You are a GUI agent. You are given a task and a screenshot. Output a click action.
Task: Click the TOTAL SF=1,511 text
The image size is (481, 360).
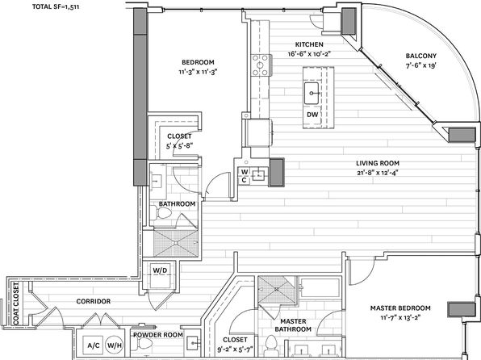[x=56, y=6]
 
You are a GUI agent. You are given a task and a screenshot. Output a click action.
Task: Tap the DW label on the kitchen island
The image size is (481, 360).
[x=312, y=115]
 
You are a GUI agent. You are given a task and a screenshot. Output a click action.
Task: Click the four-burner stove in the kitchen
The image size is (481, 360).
[x=261, y=65]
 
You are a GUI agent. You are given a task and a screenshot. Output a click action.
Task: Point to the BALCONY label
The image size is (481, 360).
[x=421, y=56]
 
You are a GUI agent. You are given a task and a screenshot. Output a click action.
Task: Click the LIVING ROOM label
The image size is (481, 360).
[x=378, y=163]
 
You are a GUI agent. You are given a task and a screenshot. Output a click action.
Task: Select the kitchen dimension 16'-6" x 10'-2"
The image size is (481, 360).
[x=310, y=54]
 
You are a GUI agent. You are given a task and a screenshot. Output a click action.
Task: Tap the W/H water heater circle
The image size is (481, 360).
[x=115, y=345]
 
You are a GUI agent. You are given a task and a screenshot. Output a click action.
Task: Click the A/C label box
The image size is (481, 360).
[x=94, y=345]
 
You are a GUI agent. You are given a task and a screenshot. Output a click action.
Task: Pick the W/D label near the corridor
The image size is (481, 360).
[x=160, y=270]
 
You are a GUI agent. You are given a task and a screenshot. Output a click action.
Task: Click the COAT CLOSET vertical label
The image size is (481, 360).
[x=16, y=303]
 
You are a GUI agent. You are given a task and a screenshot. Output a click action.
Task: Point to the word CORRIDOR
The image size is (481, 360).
[x=94, y=301]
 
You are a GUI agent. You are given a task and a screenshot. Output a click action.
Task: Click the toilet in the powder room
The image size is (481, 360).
[x=142, y=344]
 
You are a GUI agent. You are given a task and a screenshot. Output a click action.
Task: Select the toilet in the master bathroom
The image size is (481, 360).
[x=270, y=344]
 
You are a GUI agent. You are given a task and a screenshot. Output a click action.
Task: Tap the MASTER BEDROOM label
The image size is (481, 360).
[x=400, y=308]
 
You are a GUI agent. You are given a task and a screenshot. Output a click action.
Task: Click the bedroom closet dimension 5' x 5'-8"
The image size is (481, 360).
[x=179, y=146]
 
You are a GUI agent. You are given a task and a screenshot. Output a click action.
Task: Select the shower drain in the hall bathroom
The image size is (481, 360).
[x=176, y=243]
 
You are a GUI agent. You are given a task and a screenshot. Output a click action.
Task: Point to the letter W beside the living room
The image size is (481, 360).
[x=245, y=172]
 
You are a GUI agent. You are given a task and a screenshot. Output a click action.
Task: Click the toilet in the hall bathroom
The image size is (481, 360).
[x=161, y=212]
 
